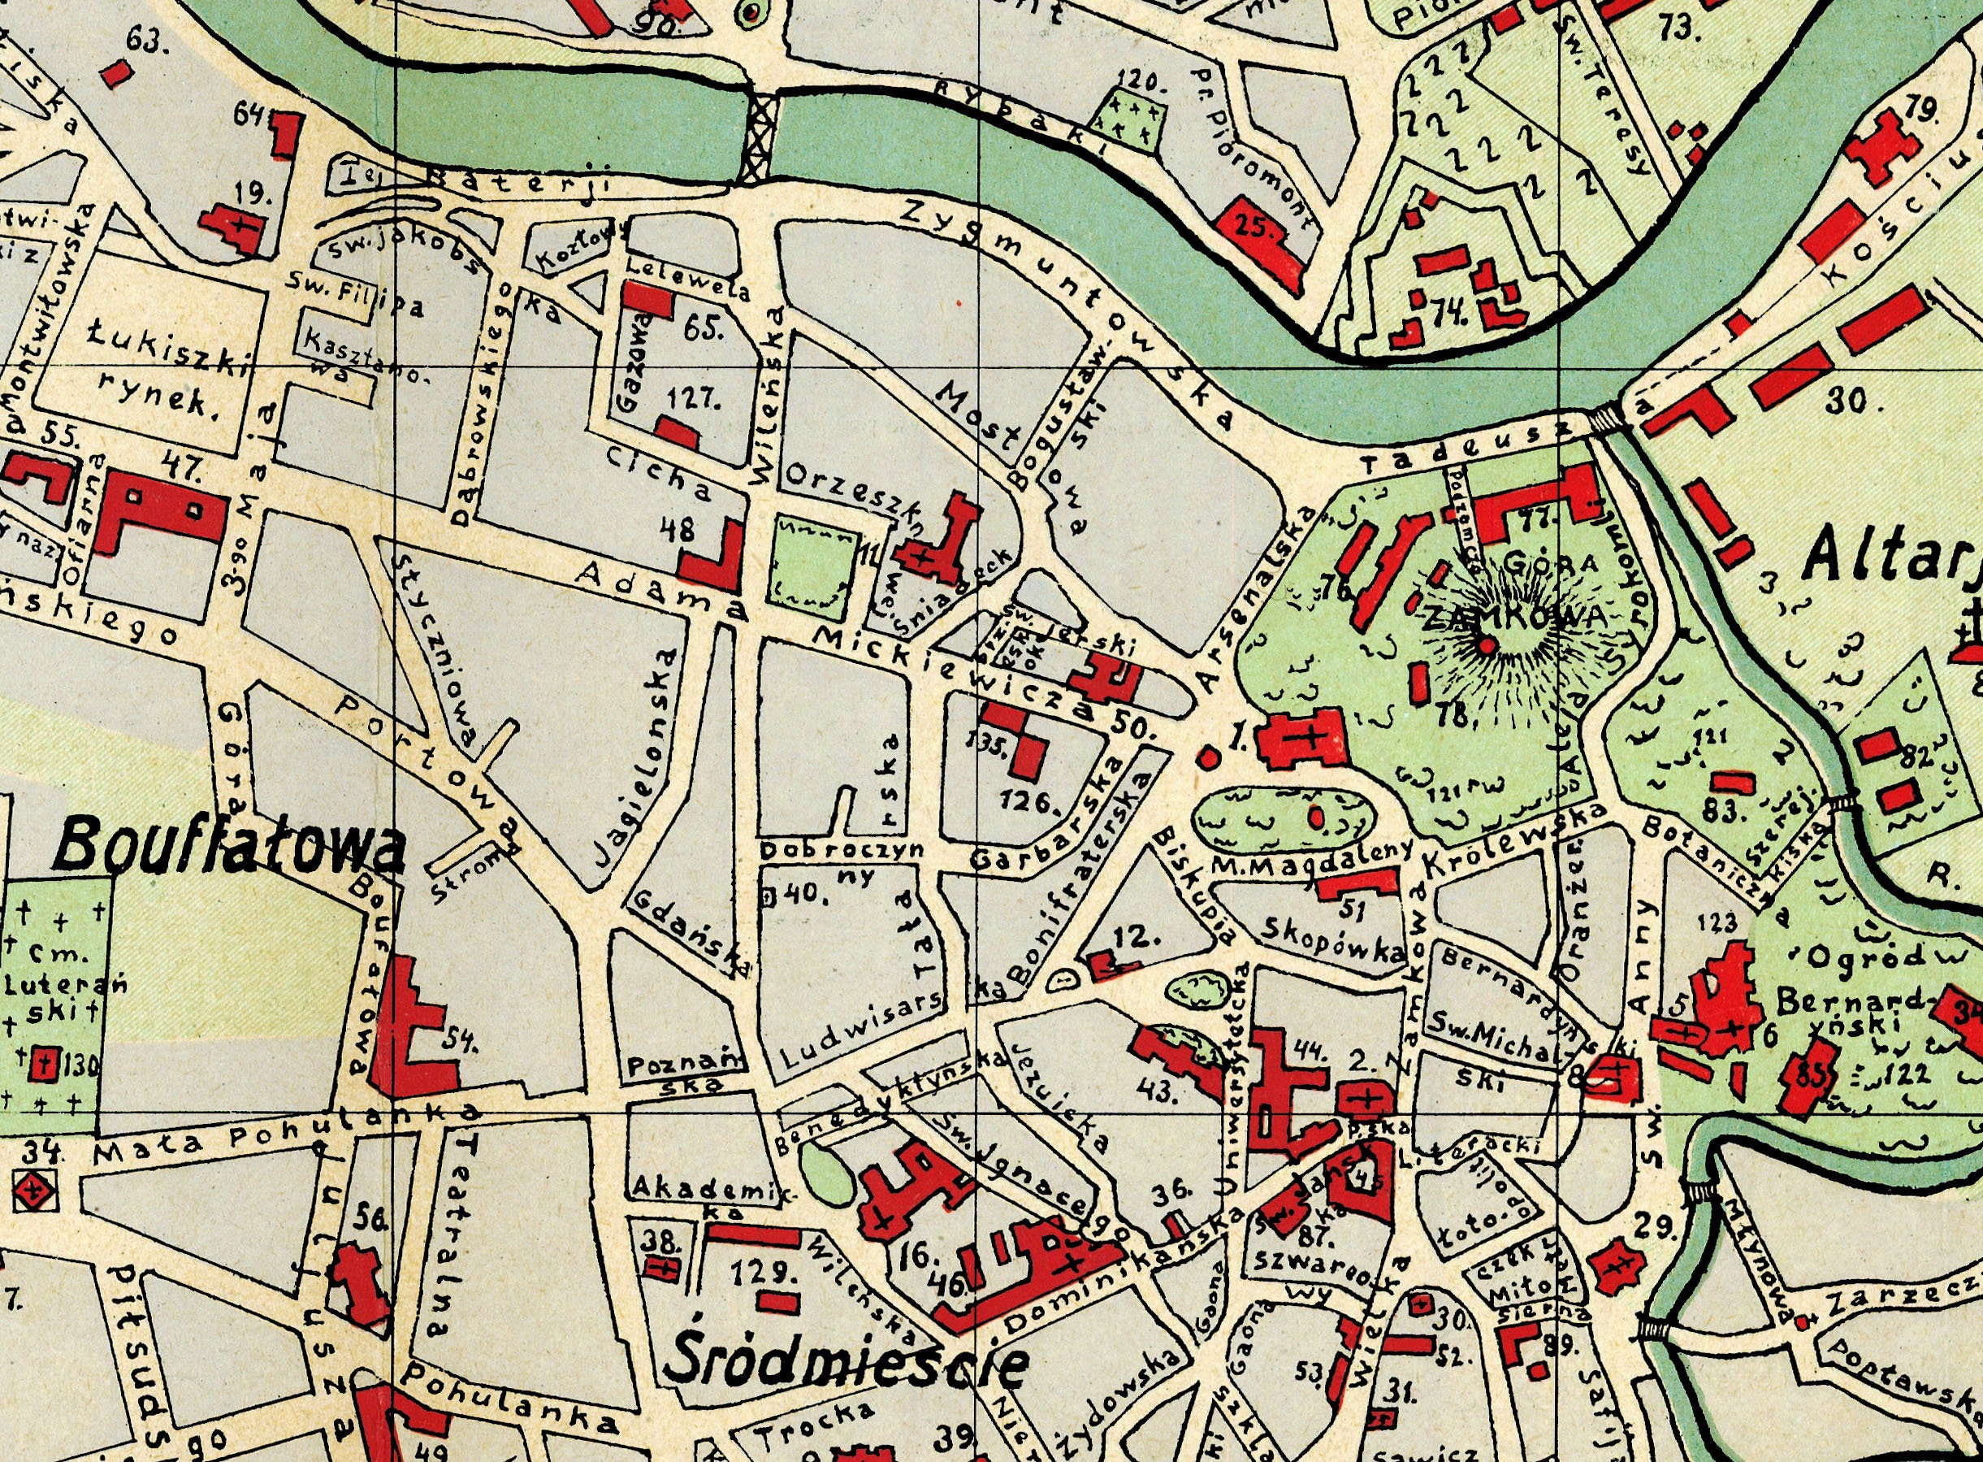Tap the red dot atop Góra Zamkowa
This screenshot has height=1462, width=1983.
coord(1487,646)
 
